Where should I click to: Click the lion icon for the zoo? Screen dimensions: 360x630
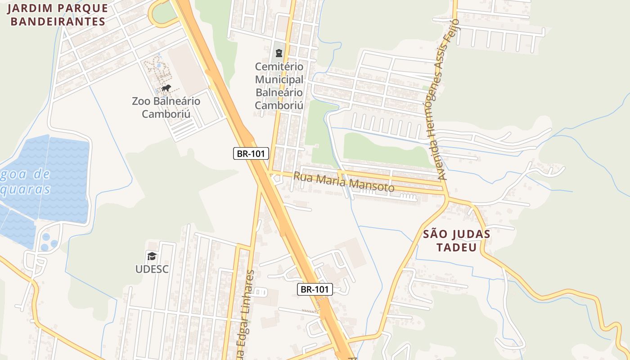point(166,88)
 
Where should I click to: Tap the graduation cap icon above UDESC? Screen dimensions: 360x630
point(152,256)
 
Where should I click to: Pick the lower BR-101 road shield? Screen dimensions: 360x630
point(315,289)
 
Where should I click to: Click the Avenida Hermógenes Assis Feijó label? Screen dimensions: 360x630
point(443,100)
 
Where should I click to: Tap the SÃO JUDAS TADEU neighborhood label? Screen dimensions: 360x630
point(457,241)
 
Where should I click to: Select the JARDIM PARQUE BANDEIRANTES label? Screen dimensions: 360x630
point(58,15)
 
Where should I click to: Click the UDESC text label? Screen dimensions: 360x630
point(152,269)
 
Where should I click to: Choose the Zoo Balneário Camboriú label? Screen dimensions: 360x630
point(166,107)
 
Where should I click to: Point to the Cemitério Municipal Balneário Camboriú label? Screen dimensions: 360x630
point(279,86)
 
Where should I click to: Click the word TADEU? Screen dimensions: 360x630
point(457,247)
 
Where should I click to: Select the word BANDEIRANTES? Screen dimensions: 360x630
point(58,21)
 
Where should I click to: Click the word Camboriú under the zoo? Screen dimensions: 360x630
point(166,113)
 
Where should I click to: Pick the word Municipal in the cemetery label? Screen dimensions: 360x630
point(279,80)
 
